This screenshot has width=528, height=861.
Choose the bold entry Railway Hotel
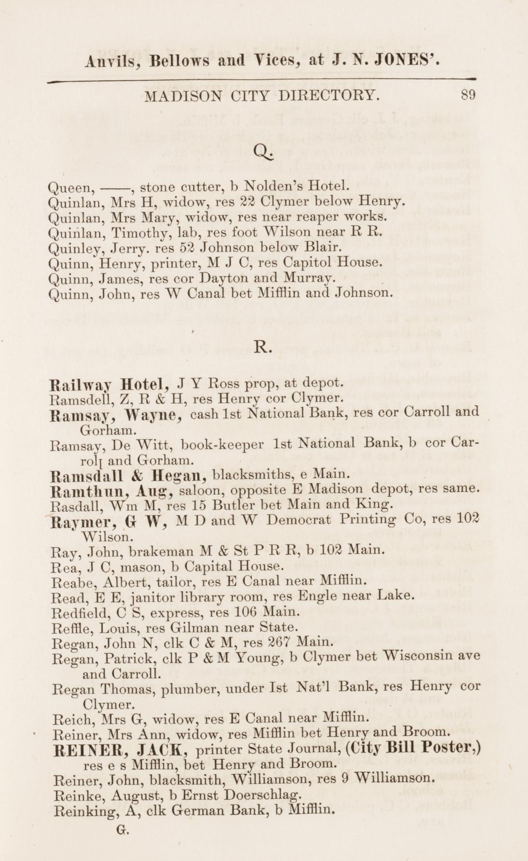pyautogui.click(x=110, y=385)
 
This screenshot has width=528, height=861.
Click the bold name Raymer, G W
pyautogui.click(x=110, y=522)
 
